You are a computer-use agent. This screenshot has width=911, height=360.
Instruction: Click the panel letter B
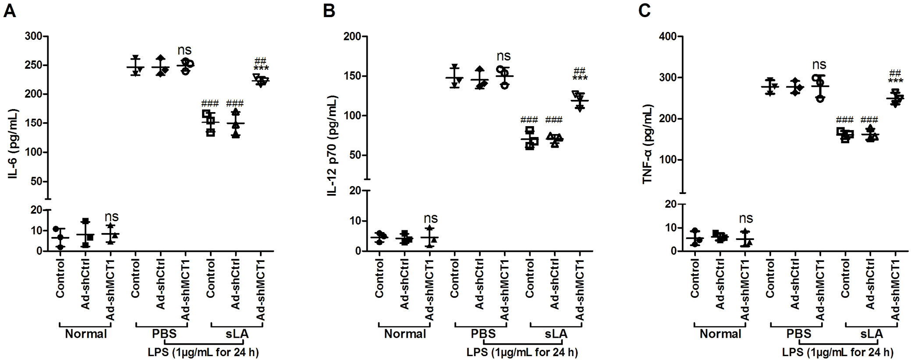click(329, 11)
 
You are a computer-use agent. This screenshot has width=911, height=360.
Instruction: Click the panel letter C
click(645, 11)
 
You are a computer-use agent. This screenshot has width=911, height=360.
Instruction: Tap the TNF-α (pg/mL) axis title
click(648, 144)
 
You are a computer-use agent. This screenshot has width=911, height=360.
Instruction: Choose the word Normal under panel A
click(86, 334)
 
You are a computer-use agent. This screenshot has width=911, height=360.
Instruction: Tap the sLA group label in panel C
click(872, 334)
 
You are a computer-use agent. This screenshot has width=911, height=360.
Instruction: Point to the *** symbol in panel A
click(261, 69)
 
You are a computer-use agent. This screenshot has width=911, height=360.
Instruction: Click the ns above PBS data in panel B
click(503, 56)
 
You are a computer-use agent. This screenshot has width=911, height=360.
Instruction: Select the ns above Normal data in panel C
click(746, 218)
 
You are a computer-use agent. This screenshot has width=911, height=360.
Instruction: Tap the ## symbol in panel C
click(895, 73)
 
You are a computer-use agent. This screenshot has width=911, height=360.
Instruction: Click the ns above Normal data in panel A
click(111, 217)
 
